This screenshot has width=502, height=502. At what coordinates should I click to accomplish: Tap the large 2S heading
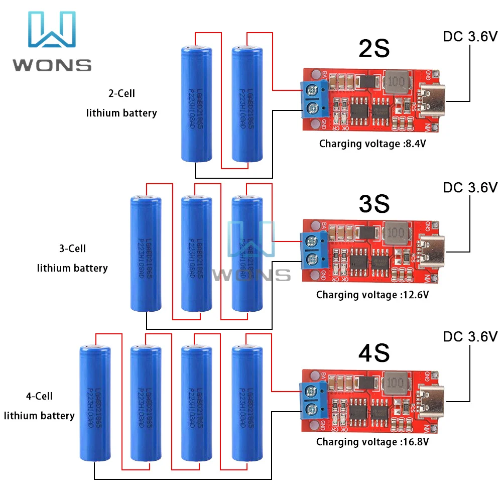coord(374,49)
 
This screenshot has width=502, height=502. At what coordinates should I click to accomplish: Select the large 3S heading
coord(374,203)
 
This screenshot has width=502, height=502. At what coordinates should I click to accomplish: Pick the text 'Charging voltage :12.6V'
coord(372,295)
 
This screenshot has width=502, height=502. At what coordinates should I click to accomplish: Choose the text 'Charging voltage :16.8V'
coord(372,442)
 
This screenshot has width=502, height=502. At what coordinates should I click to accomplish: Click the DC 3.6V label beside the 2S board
coord(470,36)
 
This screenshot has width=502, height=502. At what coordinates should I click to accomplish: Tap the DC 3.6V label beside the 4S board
coord(470,336)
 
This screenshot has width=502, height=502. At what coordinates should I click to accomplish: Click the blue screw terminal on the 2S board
coord(312,99)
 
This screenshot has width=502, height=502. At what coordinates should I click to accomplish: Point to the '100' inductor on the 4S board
coord(396,383)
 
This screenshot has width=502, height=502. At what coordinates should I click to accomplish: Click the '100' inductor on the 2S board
coord(396,82)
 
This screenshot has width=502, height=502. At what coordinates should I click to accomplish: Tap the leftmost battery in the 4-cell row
coord(95,403)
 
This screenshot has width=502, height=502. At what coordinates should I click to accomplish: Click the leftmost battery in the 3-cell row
coord(146,254)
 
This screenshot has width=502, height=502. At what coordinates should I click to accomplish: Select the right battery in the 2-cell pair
coord(247,104)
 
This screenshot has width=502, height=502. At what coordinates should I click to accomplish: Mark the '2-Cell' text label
coord(122,93)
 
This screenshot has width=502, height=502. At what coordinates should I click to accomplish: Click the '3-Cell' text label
coord(72,248)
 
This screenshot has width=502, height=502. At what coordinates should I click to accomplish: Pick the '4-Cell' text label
coord(39,396)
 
